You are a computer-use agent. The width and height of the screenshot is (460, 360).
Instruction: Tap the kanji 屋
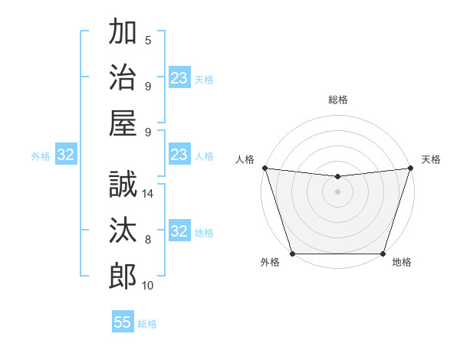point(123,122)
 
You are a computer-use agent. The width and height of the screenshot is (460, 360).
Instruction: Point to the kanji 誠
point(123,185)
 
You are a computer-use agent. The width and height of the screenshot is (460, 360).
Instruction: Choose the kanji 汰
point(123,231)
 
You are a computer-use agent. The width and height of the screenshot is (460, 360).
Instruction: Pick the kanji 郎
point(123,275)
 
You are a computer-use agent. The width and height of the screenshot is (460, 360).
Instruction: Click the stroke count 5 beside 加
point(148,41)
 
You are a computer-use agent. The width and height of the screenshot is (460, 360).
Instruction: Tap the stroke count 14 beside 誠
point(148,194)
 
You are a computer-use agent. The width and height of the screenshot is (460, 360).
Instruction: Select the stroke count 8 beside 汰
point(148,240)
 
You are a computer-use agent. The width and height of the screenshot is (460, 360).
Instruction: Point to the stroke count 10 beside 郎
point(148,286)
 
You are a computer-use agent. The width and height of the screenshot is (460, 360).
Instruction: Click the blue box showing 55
point(123,322)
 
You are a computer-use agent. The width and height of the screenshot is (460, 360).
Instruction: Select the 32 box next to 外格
point(65,155)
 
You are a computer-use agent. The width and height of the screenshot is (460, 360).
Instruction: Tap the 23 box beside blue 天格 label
point(179,78)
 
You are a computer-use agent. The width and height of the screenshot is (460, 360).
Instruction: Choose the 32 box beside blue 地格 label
point(179,231)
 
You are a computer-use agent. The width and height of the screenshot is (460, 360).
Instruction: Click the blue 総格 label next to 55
point(147,324)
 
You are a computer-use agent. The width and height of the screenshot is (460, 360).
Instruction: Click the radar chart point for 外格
point(292,254)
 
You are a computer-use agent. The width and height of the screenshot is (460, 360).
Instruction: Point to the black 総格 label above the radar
point(337,100)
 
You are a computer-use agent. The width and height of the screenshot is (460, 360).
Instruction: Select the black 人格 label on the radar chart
point(245,159)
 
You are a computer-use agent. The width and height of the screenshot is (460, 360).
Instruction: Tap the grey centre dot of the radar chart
point(337,191)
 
